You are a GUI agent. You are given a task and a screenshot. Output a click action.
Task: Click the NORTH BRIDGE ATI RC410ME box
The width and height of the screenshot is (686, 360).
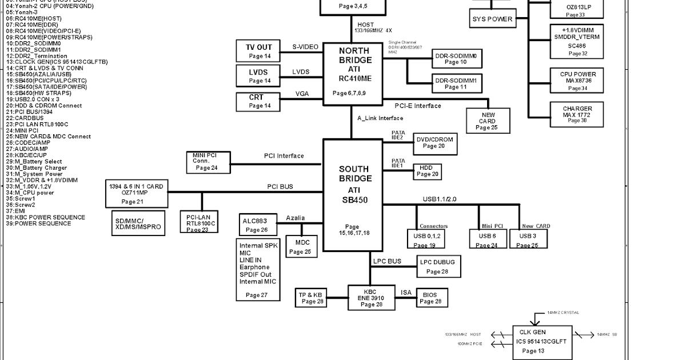click(x=354, y=74)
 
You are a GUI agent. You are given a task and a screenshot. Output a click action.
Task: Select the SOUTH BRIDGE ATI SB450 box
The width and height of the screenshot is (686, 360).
click(x=353, y=195)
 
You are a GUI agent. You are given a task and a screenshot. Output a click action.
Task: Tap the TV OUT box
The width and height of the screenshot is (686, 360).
click(x=258, y=51)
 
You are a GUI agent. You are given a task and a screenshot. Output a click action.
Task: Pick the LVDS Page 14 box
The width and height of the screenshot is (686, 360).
click(x=258, y=76)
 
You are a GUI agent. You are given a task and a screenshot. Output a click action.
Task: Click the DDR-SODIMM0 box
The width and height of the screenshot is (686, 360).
click(x=456, y=58)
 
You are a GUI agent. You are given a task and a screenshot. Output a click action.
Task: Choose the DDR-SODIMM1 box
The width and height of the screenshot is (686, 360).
click(x=456, y=83)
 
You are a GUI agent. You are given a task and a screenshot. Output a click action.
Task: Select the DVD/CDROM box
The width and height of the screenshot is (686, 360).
click(x=434, y=142)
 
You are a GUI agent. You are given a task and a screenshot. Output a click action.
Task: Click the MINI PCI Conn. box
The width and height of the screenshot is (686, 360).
click(x=208, y=161)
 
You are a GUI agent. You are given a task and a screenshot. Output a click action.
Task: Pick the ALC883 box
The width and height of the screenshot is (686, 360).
click(x=257, y=225)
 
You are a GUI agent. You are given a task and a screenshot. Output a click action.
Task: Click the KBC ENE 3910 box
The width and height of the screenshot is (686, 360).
click(x=371, y=298)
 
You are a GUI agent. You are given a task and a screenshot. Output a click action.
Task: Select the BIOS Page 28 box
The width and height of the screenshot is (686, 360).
click(x=430, y=298)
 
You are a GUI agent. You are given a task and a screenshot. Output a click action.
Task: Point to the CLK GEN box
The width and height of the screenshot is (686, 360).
click(x=532, y=341)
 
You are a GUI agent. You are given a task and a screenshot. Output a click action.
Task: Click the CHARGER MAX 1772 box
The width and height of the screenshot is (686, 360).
click(x=577, y=114)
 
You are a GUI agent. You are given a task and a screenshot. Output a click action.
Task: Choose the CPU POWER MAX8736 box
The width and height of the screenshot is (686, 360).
click(x=577, y=81)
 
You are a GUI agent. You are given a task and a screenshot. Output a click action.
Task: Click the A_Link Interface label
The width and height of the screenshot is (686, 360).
click(x=380, y=118)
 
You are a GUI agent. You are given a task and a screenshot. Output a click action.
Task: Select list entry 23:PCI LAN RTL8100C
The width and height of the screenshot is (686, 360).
click(x=37, y=124)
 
